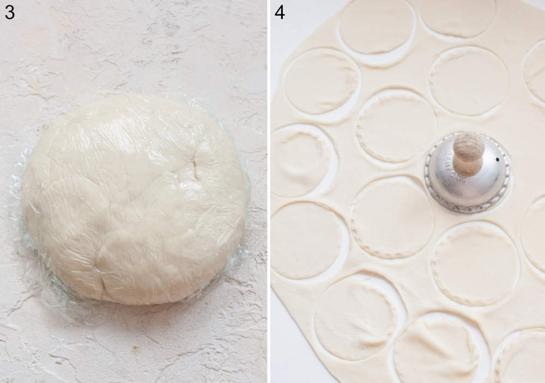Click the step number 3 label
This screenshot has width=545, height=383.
(x=9, y=12)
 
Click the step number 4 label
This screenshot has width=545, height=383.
(x=280, y=12)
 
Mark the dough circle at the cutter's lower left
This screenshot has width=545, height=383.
(x=392, y=218)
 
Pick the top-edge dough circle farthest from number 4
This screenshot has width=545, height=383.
(x=458, y=16)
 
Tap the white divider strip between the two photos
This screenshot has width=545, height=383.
(x=269, y=191)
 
